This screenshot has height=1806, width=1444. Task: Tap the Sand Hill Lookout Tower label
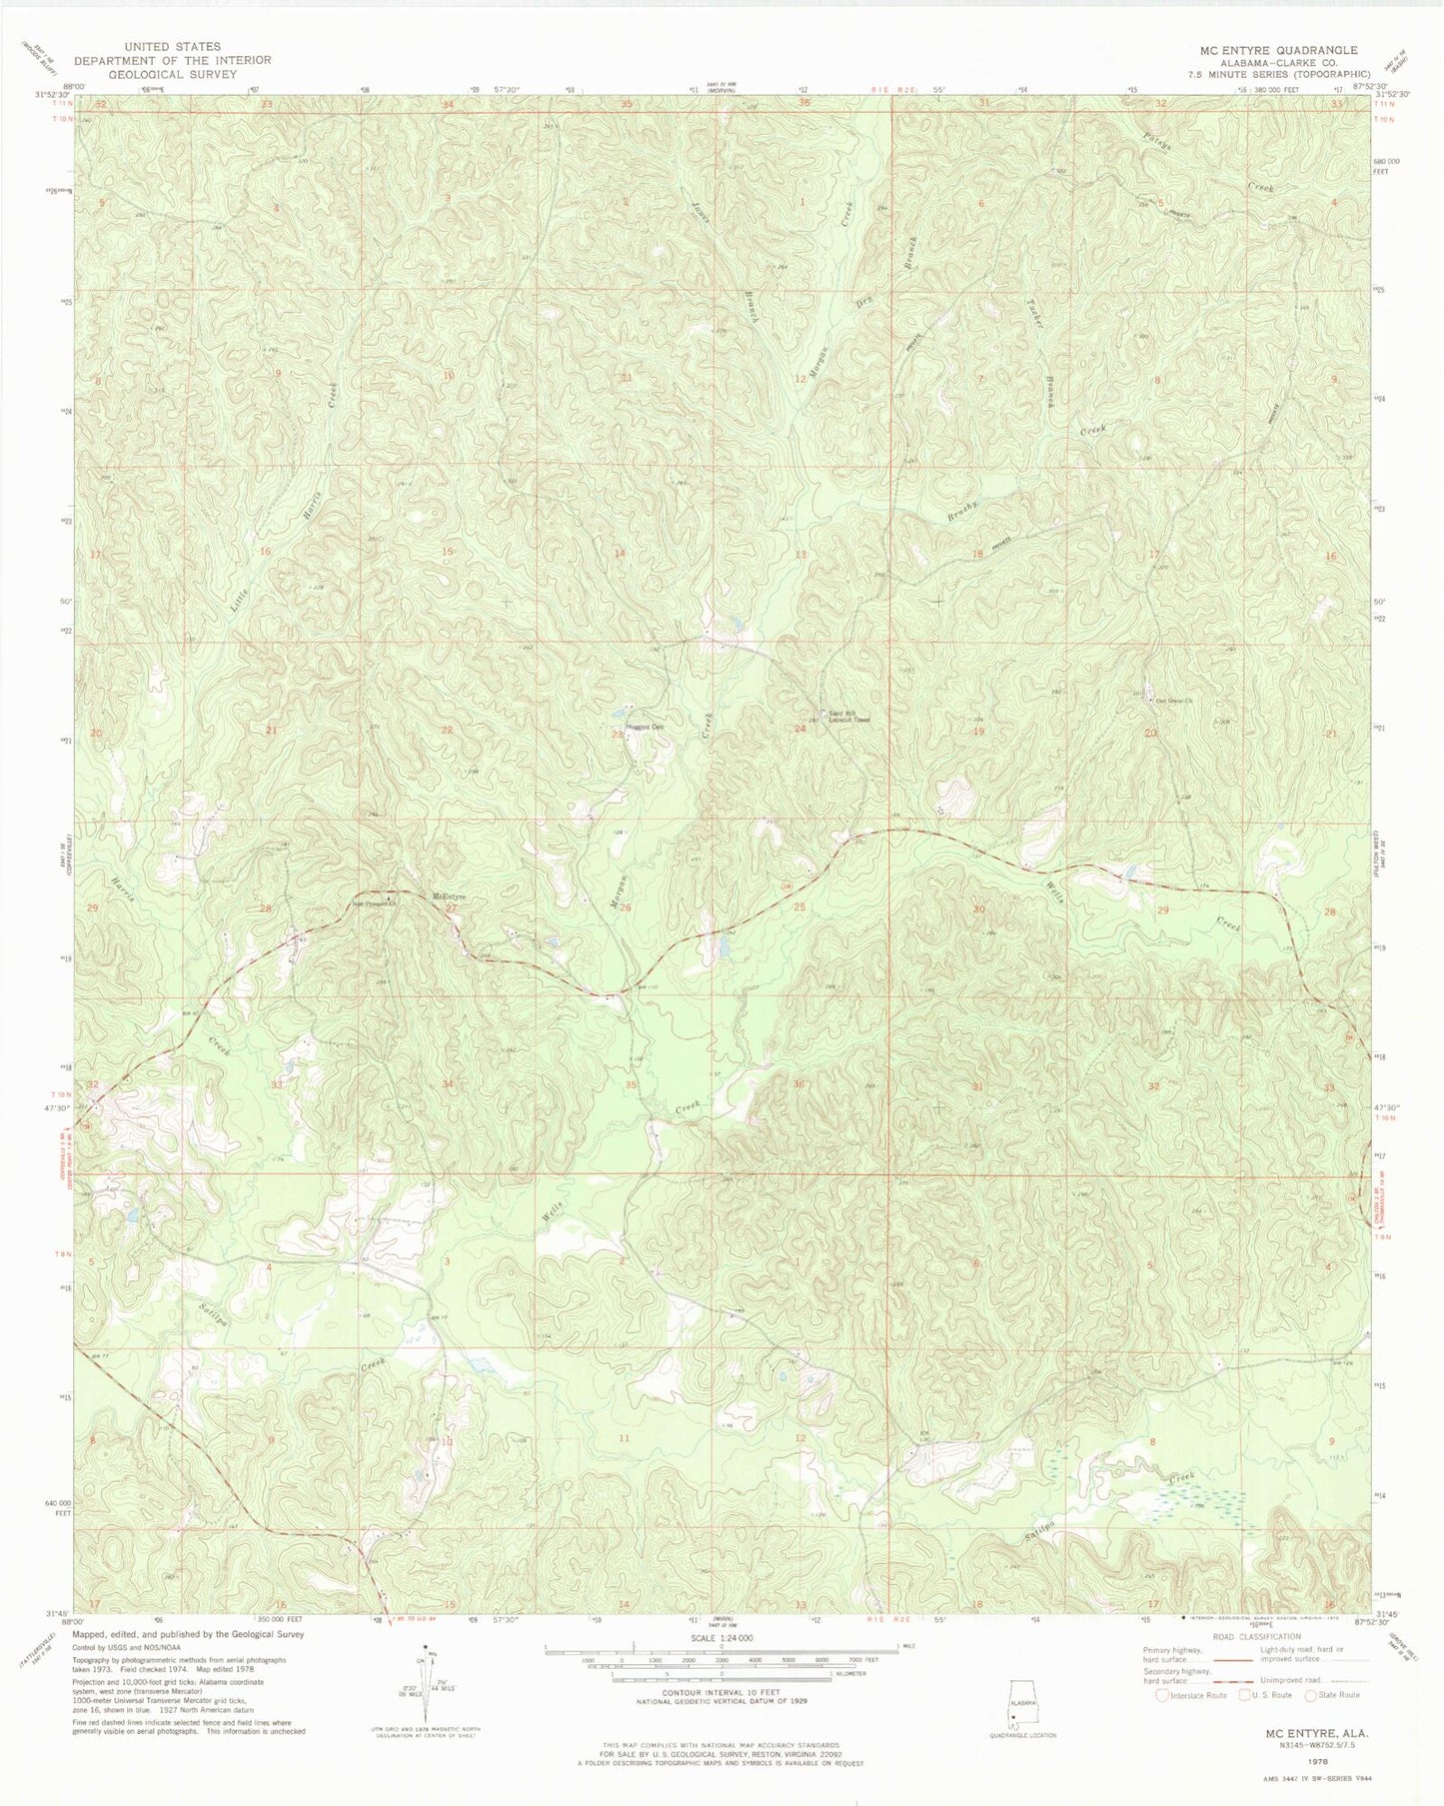(x=848, y=716)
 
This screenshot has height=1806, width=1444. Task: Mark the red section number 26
(x=626, y=907)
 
